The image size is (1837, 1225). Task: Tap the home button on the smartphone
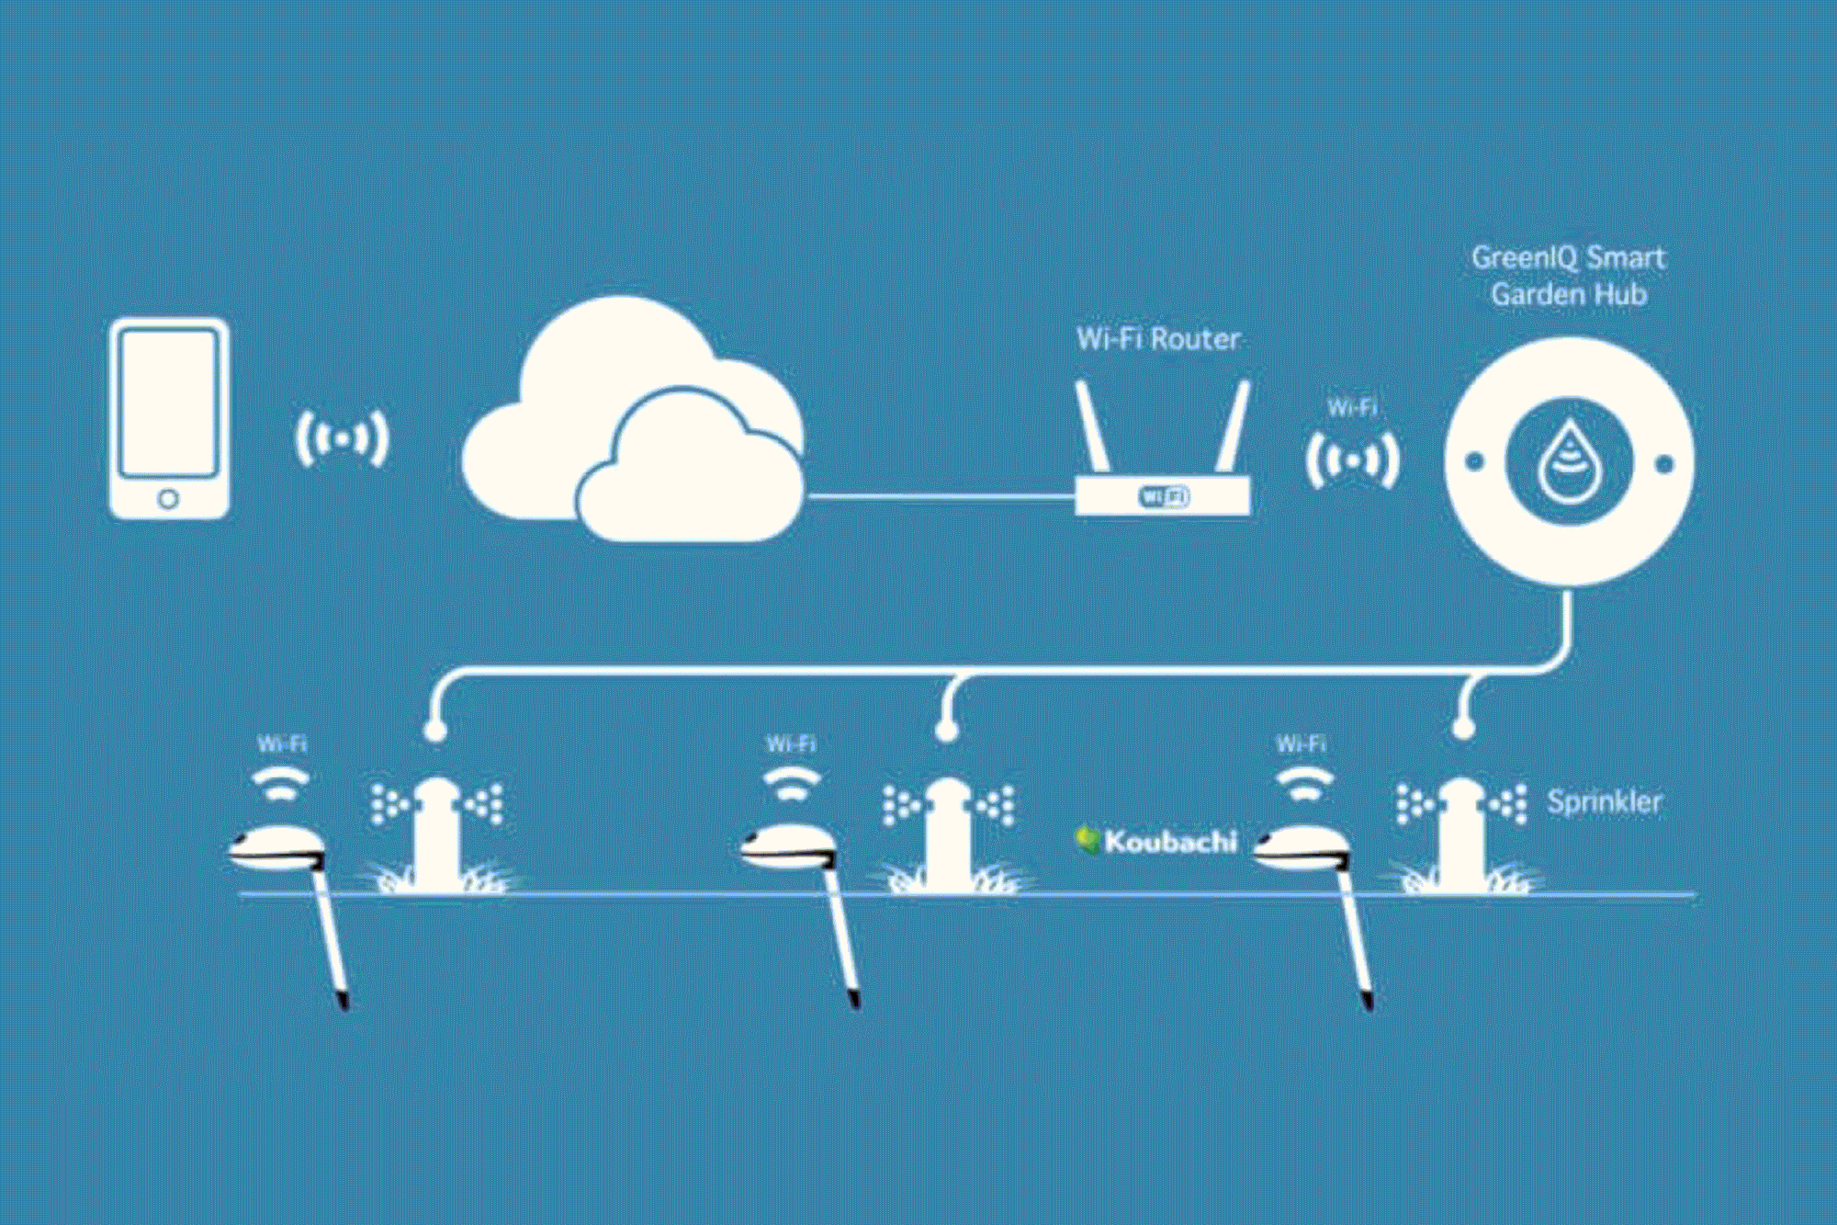168,499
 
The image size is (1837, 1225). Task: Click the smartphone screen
169,403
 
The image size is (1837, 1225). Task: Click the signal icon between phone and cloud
342,438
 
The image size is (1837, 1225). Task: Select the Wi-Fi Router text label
1158,339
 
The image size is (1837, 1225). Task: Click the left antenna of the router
1093,427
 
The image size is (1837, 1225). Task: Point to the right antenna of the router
1234,427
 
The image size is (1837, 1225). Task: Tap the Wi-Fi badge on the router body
1164,496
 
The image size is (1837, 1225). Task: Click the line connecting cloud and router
937,496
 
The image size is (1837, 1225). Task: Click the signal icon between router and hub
1352,459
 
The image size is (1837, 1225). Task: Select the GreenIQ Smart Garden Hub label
1568,276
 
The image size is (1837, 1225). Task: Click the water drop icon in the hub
1569,462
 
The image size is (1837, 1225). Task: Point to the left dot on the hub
1474,462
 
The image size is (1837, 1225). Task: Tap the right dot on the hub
1664,464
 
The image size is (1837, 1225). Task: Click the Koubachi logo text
1169,841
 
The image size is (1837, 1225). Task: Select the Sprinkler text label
1604,801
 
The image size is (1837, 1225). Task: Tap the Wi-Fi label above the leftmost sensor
282,743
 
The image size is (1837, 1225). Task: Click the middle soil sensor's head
787,847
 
